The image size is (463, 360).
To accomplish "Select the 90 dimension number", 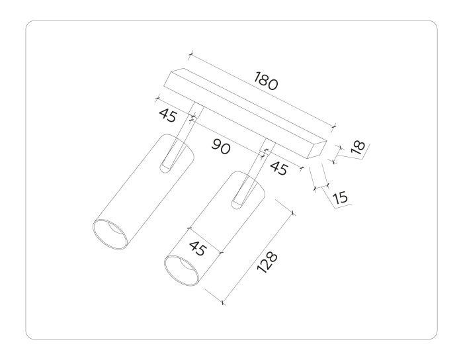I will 221,148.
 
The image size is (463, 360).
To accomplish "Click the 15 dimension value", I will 341,197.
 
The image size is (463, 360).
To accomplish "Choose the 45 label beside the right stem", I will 278,168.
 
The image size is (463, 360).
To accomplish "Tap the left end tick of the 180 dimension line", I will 190,53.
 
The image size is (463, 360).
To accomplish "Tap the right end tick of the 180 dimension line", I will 333,124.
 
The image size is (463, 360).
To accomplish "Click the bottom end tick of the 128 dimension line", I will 223,303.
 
